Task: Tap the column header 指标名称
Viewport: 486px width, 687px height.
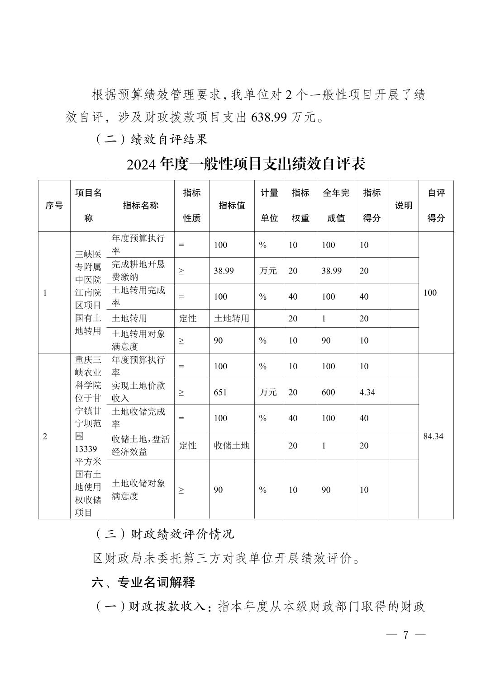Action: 140,206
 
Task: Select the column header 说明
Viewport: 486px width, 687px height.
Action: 403,206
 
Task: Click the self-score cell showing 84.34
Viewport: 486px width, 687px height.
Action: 433,437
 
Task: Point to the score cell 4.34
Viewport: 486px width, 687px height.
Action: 367,392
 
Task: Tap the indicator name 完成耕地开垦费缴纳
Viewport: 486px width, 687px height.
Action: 138,271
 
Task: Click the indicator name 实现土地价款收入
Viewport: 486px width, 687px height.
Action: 138,392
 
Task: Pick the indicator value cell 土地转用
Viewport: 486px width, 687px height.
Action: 231,319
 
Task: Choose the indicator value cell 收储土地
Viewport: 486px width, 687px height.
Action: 231,446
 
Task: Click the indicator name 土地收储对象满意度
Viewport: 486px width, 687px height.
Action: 138,489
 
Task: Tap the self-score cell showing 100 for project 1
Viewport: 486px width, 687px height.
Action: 430,293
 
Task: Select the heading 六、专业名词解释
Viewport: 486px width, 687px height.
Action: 143,583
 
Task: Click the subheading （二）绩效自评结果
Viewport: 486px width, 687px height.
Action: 152,139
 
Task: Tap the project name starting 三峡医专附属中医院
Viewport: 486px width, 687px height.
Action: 88,292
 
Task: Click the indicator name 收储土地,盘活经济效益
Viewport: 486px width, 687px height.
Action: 140,446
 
